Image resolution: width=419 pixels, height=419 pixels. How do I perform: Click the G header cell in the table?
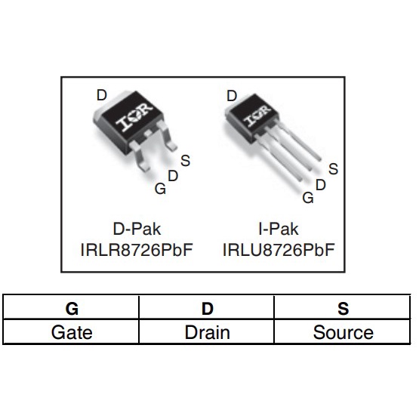(72, 308)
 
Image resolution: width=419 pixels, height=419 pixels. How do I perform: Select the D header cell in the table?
(207, 308)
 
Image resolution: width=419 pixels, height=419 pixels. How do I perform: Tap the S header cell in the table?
(343, 308)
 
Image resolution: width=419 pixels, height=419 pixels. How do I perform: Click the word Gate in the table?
(72, 332)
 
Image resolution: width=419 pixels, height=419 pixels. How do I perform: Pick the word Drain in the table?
(207, 332)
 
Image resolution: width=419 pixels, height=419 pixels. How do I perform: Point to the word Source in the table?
(343, 332)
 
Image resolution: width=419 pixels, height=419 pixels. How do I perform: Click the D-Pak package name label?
(137, 228)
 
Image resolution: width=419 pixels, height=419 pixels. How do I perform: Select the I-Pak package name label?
(279, 228)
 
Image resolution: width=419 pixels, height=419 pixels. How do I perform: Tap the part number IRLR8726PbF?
(137, 249)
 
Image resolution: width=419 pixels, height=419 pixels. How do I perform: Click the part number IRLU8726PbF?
(279, 249)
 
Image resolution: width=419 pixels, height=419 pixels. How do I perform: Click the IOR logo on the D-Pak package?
(134, 119)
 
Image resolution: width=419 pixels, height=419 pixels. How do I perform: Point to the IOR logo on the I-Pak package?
(257, 116)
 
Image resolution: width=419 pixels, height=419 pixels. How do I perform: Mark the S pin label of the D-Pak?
(186, 160)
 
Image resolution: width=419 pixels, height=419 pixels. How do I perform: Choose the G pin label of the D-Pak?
(160, 189)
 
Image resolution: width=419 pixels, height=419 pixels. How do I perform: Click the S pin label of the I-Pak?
(333, 170)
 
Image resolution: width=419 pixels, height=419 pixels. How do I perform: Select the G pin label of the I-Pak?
(307, 198)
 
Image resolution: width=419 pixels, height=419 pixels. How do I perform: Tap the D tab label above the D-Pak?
(101, 95)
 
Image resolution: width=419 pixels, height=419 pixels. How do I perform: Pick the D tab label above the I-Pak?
(232, 96)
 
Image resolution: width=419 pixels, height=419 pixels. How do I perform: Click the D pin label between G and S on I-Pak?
(320, 184)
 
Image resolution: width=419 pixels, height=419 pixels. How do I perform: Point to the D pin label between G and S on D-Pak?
(173, 175)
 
